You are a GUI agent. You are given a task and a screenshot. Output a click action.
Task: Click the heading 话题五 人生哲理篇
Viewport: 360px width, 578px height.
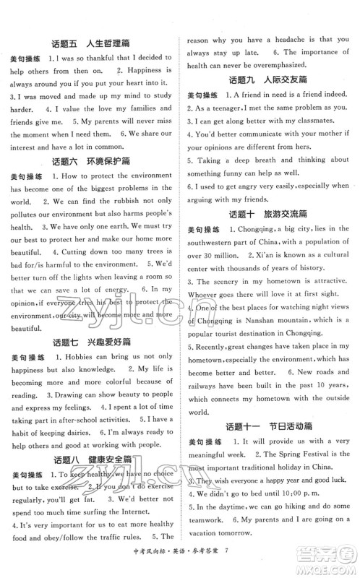point(90,42)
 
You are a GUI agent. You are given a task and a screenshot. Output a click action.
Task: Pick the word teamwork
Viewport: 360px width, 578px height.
point(209,546)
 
